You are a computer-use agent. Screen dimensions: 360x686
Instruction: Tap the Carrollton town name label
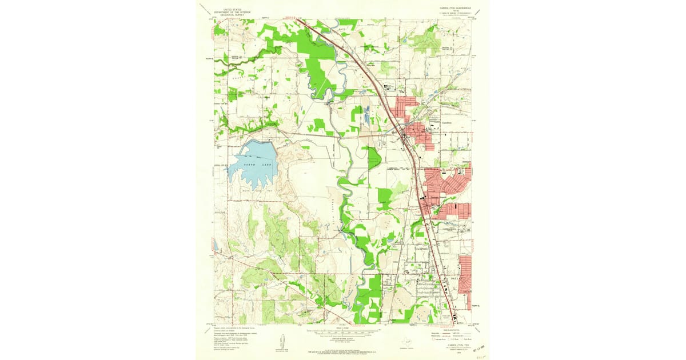click(x=446, y=123)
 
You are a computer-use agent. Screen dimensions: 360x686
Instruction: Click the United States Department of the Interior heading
click(x=233, y=11)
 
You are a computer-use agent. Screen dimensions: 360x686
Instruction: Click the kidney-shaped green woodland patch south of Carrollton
click(x=374, y=158)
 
